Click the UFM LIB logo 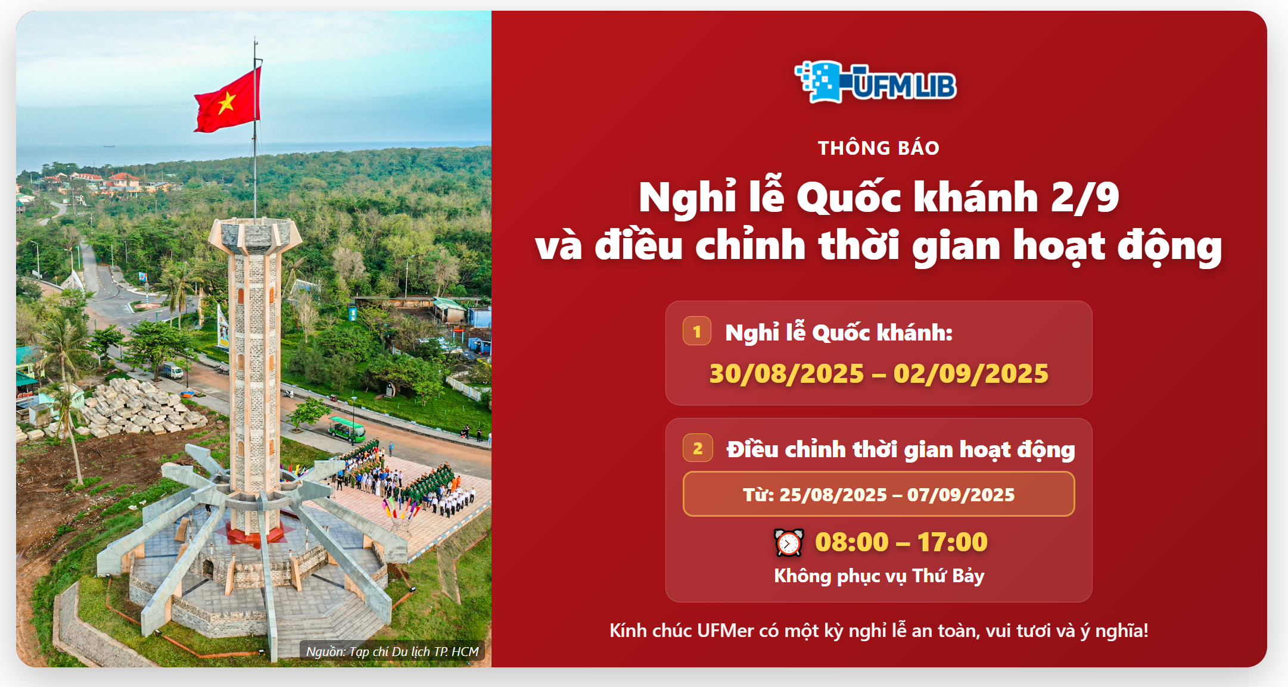tap(876, 82)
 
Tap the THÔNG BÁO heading tap(879, 148)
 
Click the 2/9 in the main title tap(1085, 197)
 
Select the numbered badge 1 tap(697, 331)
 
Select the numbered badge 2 tap(698, 448)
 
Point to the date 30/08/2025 tap(786, 374)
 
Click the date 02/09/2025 tap(971, 374)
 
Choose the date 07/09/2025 tap(961, 495)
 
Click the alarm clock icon tap(789, 542)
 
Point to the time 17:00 tap(953, 542)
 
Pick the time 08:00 tap(852, 542)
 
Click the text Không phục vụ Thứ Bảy tap(879, 576)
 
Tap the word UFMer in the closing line tap(725, 630)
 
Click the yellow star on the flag tap(226, 102)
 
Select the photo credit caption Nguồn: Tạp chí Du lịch tap(392, 651)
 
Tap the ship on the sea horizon tap(109, 145)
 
